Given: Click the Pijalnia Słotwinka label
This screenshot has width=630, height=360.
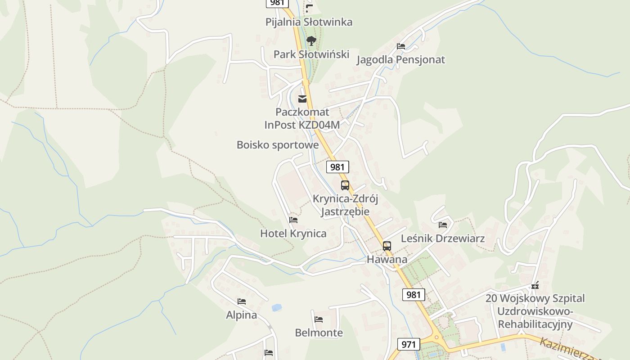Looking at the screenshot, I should pyautogui.click(x=309, y=22).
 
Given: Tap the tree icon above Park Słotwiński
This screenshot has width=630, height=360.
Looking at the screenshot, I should pyautogui.click(x=311, y=41).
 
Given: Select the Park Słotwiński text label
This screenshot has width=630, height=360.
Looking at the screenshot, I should pyautogui.click(x=311, y=54).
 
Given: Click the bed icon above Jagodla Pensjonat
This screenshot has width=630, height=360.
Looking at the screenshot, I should pyautogui.click(x=401, y=46).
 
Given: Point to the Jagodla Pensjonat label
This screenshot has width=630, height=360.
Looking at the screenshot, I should pyautogui.click(x=400, y=59).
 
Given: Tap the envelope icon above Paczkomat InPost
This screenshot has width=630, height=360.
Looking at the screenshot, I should pyautogui.click(x=302, y=99).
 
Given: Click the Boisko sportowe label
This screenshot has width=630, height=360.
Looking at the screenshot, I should pyautogui.click(x=278, y=145).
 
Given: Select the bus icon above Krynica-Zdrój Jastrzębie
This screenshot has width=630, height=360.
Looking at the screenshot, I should pyautogui.click(x=345, y=185).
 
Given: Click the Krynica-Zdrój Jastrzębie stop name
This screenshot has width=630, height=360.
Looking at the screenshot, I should pyautogui.click(x=345, y=205).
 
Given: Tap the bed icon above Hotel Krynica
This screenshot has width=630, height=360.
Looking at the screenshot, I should pyautogui.click(x=293, y=220).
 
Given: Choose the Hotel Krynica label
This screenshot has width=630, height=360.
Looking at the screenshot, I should pyautogui.click(x=293, y=234).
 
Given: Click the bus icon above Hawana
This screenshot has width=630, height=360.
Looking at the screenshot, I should pyautogui.click(x=387, y=246).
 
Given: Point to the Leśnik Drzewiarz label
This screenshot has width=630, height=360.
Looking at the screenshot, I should pyautogui.click(x=443, y=238).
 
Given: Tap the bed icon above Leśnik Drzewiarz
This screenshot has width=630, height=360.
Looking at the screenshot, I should pyautogui.click(x=443, y=225).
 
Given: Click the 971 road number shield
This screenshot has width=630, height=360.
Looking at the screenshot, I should pyautogui.click(x=409, y=344).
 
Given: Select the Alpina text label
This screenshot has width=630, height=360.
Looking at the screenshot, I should pyautogui.click(x=242, y=315).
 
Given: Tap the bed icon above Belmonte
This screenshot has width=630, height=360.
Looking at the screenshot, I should pyautogui.click(x=319, y=319).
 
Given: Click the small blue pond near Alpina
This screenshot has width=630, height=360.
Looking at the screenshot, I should pyautogui.click(x=276, y=308).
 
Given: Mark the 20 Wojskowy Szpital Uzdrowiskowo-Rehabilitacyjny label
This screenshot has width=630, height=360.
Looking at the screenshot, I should pyautogui.click(x=535, y=311).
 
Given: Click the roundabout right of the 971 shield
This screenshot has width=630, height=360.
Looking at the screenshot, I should pyautogui.click(x=436, y=338).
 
